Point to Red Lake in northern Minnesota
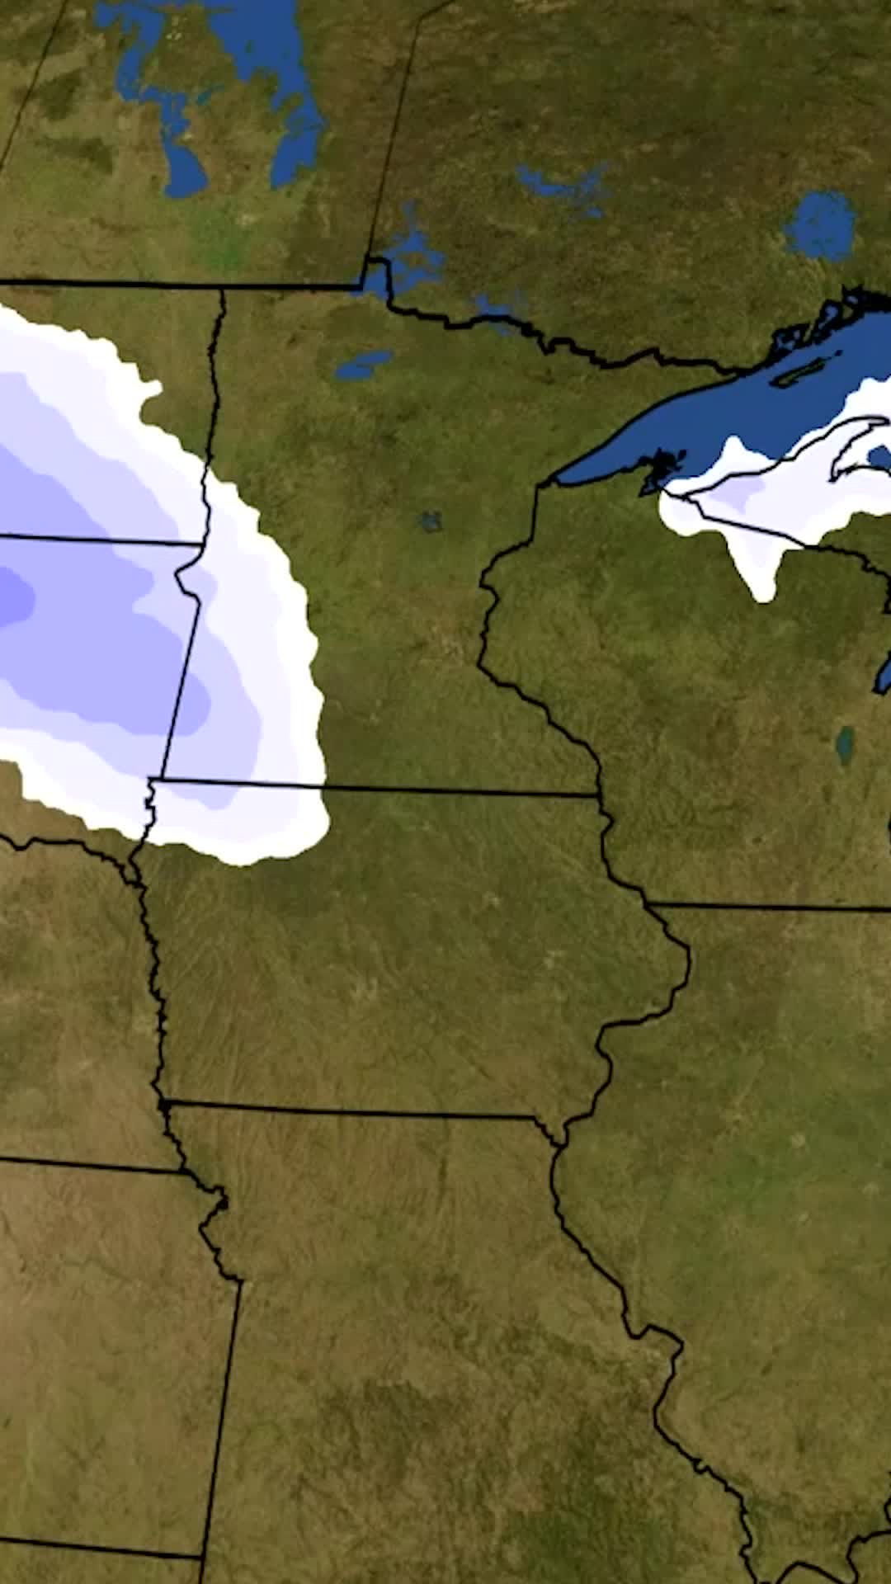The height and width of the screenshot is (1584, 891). [363, 364]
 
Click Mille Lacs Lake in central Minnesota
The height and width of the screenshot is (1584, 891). [430, 521]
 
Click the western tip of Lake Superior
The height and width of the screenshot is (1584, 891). [561, 480]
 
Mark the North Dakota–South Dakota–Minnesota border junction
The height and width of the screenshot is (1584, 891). [203, 544]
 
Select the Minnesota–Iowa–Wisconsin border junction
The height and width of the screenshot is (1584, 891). [600, 795]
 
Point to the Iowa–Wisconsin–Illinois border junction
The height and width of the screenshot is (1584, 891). [648, 905]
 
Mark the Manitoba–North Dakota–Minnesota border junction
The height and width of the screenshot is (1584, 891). [223, 288]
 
